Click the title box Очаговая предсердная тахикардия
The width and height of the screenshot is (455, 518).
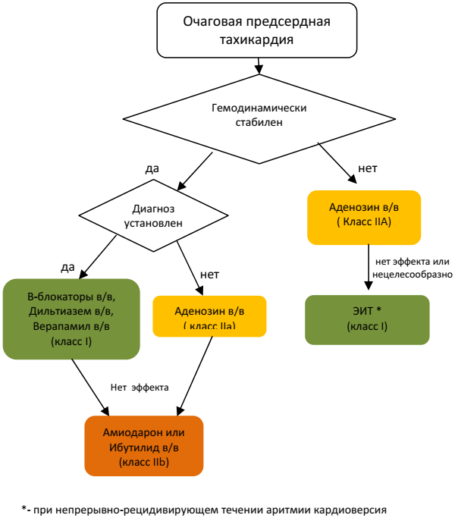coord(257,30)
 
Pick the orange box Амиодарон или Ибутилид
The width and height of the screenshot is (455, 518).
coord(145,446)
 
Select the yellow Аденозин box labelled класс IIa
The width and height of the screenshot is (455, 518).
coord(209,316)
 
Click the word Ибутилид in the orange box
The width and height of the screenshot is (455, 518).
coord(129,446)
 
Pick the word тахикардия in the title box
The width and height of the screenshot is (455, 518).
coord(257,39)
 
